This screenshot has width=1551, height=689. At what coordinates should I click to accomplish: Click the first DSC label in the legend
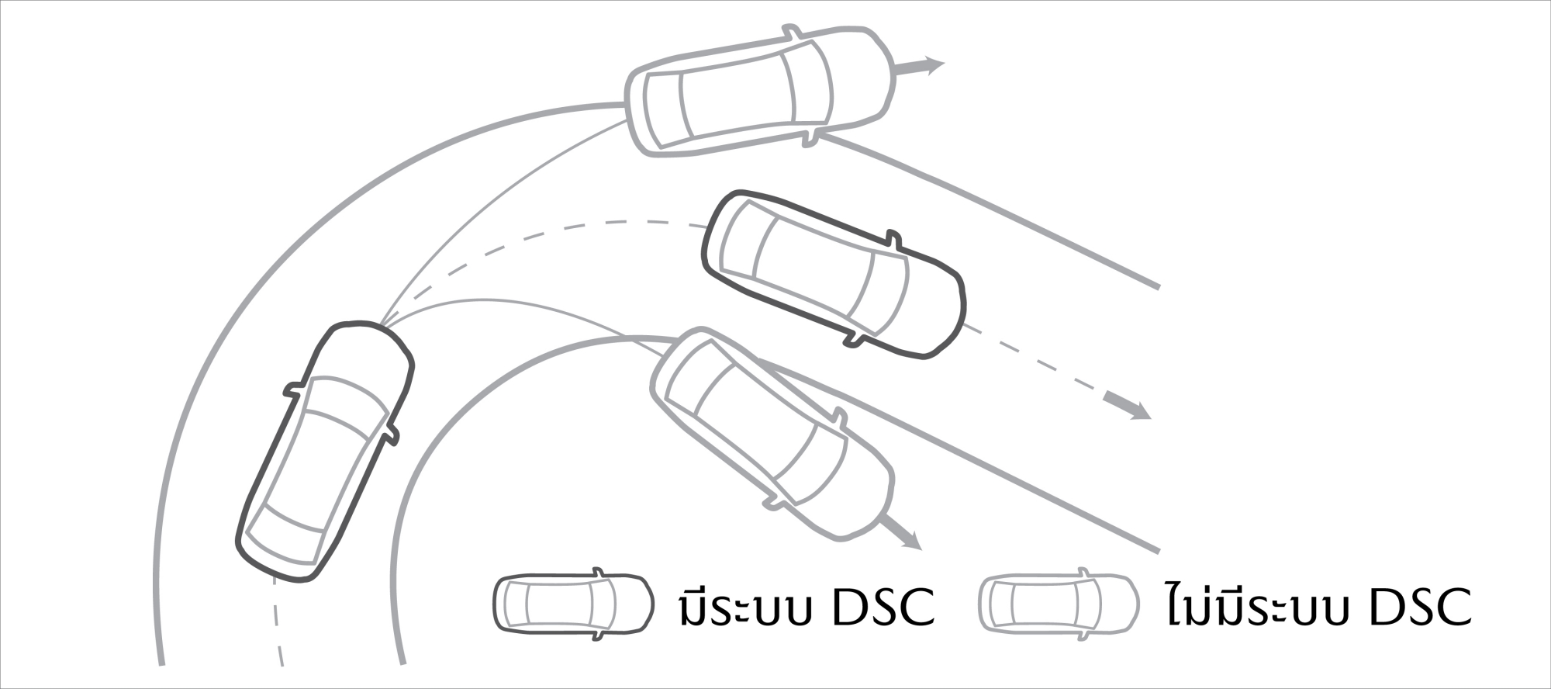[883, 608]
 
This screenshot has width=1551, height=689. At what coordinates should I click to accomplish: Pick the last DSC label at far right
[1420, 608]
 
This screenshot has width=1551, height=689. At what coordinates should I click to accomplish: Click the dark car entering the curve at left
[324, 450]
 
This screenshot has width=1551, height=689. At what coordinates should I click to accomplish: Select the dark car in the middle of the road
[834, 273]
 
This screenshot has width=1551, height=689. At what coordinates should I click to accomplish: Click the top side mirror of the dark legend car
[598, 572]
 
